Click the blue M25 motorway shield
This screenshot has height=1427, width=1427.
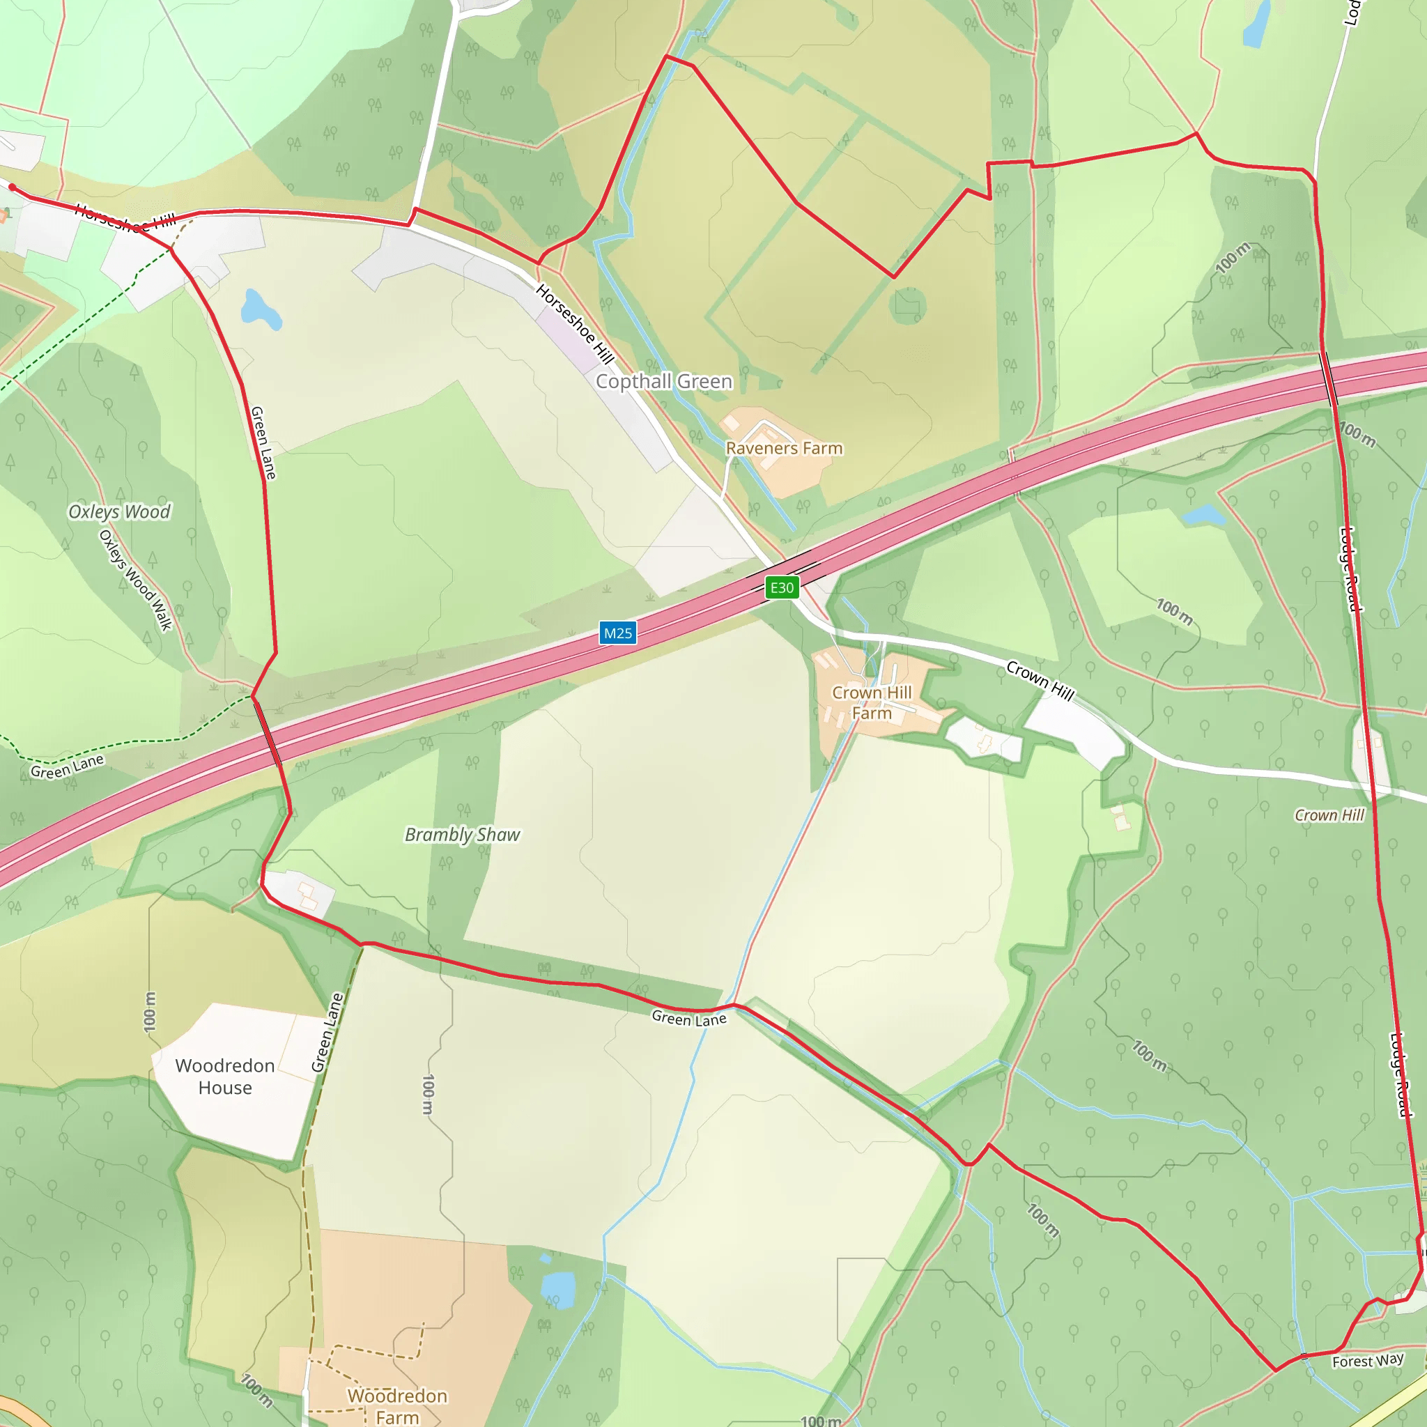click(617, 633)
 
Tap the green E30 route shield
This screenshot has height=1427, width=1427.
click(782, 588)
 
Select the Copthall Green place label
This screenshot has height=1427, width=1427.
click(664, 381)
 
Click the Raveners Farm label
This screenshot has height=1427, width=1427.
click(784, 448)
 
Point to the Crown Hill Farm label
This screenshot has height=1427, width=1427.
click(872, 702)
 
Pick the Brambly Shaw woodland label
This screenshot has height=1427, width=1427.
click(463, 835)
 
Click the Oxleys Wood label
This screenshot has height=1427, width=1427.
click(119, 512)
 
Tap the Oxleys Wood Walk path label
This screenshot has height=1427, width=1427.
click(136, 580)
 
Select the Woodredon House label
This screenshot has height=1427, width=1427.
click(225, 1077)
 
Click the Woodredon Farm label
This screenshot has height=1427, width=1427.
click(397, 1405)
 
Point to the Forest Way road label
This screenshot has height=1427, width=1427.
click(1368, 1361)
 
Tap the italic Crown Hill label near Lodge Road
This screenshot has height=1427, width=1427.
click(1329, 815)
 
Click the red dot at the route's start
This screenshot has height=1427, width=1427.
click(13, 187)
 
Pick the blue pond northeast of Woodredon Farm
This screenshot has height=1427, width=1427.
click(558, 1288)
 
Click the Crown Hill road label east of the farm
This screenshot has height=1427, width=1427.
click(1040, 680)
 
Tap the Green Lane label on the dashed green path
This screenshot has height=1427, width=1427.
click(66, 766)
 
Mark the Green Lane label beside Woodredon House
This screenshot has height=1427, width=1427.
click(327, 1033)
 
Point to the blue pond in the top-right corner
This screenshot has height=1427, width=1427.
click(1256, 25)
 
